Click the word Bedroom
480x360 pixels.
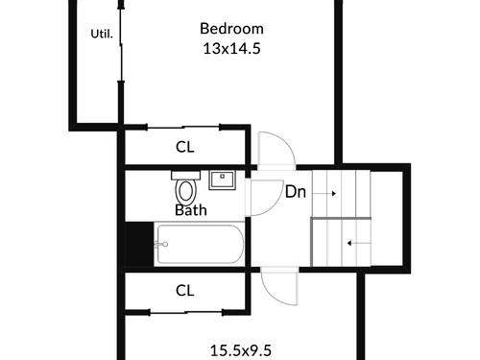click(x=231, y=29)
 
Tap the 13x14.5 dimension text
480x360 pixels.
click(x=231, y=49)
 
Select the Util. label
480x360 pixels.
click(x=102, y=34)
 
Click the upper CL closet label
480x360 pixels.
click(x=185, y=147)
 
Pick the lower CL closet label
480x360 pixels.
click(x=185, y=291)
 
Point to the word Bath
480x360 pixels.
click(x=191, y=210)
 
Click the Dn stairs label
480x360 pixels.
click(x=296, y=192)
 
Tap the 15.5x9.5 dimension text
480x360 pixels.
click(x=241, y=350)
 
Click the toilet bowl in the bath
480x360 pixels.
click(x=186, y=191)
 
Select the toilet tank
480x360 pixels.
click(x=185, y=175)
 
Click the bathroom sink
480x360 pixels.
click(x=223, y=180)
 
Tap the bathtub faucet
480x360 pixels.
click(x=161, y=245)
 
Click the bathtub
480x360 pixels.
click(x=200, y=244)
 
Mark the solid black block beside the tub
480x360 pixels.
click(x=139, y=244)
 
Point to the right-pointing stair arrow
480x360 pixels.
click(x=324, y=193)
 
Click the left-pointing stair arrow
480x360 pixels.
click(x=359, y=244)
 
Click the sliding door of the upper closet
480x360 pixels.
click(x=183, y=128)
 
